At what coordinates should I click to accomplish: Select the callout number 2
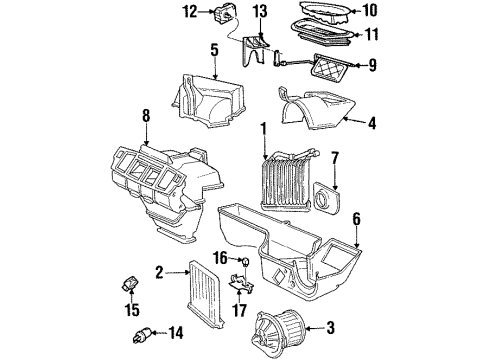tap(159, 270)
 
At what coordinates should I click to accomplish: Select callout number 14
tap(178, 332)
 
